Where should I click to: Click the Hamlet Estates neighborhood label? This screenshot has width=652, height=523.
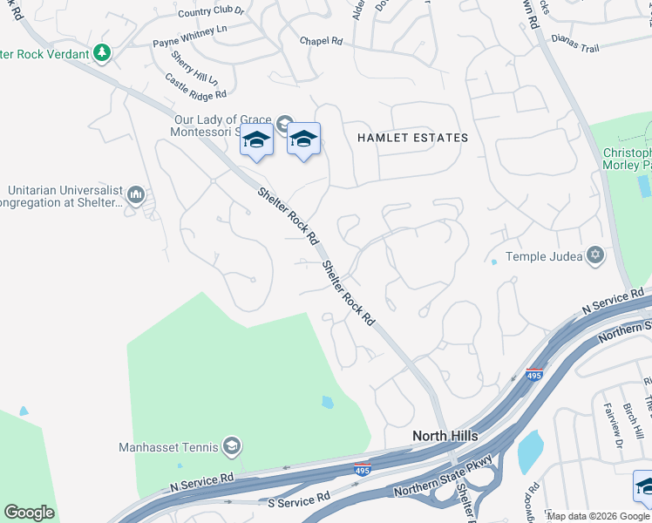(x=412, y=138)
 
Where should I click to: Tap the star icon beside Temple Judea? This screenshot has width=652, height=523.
(x=596, y=255)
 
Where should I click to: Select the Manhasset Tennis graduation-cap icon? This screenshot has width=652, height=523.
(x=231, y=447)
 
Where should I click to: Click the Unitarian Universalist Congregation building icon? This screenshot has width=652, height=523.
(x=135, y=194)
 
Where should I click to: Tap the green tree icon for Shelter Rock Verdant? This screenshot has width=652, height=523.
(x=103, y=53)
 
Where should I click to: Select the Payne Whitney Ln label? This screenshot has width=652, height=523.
(x=190, y=41)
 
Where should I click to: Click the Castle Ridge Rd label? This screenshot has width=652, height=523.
(x=196, y=85)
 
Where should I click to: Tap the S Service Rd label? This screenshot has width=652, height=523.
(x=298, y=498)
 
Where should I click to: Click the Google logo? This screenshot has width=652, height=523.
(x=29, y=513)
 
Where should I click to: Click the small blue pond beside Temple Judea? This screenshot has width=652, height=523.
(x=494, y=261)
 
